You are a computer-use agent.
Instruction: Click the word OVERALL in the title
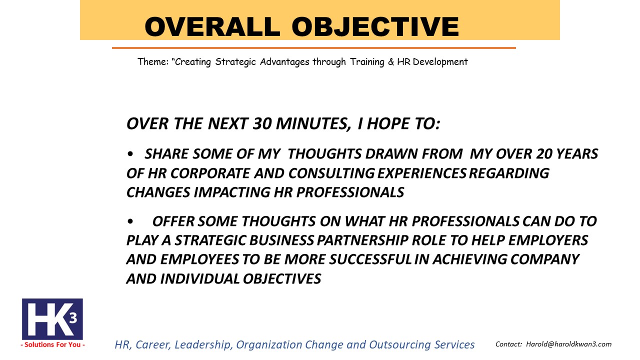[212, 26]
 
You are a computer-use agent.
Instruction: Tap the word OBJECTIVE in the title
[375, 26]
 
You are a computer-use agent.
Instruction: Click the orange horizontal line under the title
[313, 48]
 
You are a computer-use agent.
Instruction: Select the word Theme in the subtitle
[153, 61]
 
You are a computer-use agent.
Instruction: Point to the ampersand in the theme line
[391, 61]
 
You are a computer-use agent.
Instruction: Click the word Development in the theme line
[440, 62]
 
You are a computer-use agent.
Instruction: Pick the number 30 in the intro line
[262, 123]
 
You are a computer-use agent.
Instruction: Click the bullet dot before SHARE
[130, 154]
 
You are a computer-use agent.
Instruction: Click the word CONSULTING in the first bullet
[331, 173]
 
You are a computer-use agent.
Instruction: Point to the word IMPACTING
[231, 192]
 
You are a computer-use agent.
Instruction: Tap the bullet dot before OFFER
[130, 221]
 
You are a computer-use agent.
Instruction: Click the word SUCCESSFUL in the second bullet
[370, 259]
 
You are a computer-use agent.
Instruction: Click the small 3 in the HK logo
[73, 318]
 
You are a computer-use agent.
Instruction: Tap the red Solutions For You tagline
[53, 344]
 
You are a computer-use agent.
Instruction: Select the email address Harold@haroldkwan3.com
[569, 344]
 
